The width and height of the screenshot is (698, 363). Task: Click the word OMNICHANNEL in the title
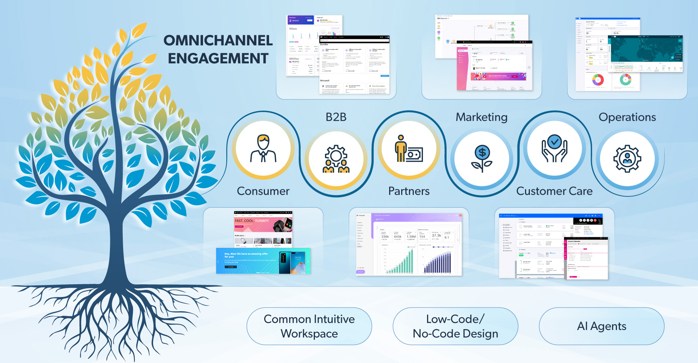218,40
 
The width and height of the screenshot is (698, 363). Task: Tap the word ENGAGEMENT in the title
218,58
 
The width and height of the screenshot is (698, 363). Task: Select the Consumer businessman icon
263,149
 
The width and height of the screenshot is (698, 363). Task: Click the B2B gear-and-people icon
336,159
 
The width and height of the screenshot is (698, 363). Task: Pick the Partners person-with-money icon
409,149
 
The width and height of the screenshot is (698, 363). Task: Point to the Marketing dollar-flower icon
482,159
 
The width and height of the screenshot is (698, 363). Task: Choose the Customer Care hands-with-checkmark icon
554,149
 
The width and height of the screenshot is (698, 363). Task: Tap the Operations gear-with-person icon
627,159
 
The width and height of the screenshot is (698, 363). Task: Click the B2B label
336,117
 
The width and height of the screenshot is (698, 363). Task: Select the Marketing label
481,117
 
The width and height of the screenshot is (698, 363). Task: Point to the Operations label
627,117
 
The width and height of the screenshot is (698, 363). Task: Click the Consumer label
263,191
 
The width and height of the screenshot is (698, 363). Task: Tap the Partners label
409,191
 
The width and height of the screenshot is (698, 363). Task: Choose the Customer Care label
554,191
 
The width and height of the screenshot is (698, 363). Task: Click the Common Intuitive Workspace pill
309,326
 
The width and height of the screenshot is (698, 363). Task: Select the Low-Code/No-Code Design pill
455,326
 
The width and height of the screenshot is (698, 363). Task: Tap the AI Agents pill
602,326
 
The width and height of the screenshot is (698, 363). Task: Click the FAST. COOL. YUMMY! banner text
252,221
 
